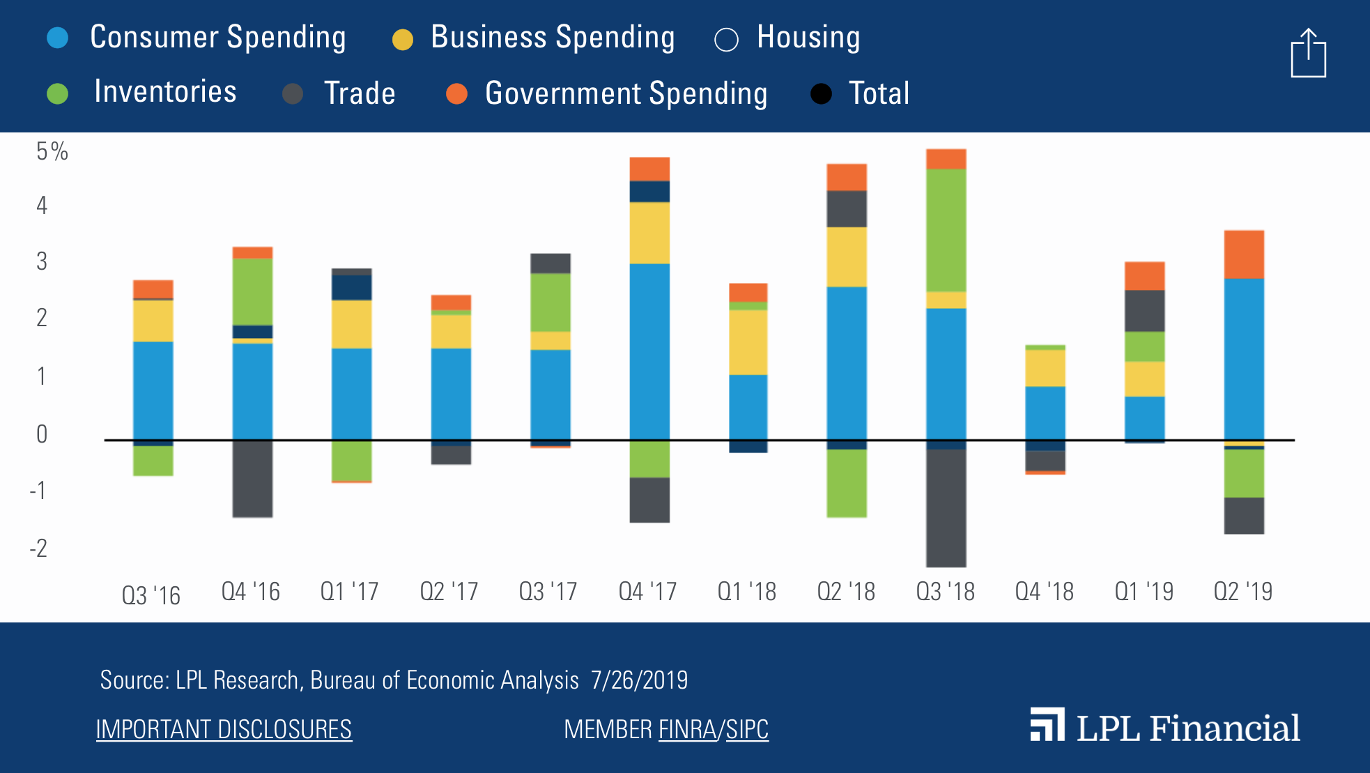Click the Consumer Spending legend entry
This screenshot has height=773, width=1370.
point(197,38)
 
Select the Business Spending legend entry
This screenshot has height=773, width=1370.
point(533,38)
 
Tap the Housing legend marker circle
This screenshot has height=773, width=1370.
point(726,40)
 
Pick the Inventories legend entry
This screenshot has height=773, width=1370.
point(143,92)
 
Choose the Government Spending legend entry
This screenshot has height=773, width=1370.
point(606,93)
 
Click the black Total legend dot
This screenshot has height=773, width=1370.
point(822,93)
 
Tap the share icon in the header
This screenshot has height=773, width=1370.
point(1308,54)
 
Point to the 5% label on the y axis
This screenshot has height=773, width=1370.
point(52,151)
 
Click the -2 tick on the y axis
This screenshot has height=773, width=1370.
point(39,549)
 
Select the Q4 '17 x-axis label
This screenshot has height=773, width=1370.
point(647,592)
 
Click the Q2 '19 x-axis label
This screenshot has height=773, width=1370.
point(1242,592)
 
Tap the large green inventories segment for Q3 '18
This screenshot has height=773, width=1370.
point(946,230)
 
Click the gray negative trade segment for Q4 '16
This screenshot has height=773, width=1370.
point(252,479)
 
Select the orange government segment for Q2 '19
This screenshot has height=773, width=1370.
point(1244,254)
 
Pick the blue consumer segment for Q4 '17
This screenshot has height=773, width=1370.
point(649,352)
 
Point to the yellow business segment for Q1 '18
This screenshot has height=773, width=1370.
point(748,342)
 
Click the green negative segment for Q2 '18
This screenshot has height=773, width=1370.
point(847,483)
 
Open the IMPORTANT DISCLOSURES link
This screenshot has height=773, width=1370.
point(224,730)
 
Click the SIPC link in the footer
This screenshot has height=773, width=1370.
point(747,730)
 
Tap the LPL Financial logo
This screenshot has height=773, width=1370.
point(1164,727)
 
